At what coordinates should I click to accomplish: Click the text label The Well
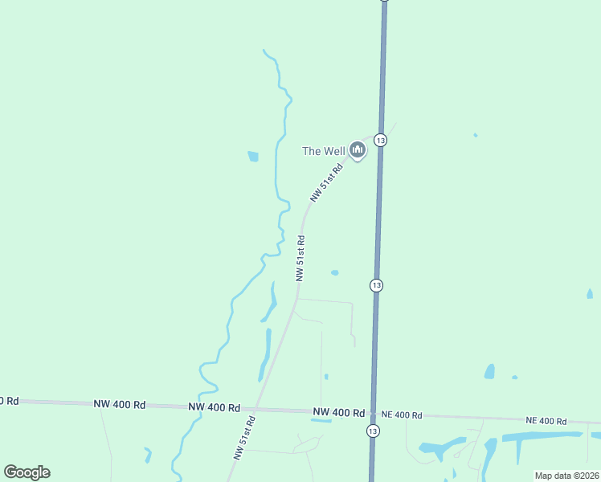323,151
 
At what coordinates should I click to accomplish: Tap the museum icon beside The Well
358,150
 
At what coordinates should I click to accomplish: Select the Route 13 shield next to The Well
381,140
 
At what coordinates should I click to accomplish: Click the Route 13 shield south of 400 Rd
372,431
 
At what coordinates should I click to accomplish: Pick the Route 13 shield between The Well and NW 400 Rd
376,285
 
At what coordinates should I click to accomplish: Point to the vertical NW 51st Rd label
300,257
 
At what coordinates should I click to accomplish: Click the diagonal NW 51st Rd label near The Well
327,182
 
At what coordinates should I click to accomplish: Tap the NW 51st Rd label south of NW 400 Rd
244,437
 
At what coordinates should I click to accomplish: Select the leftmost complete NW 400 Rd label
119,405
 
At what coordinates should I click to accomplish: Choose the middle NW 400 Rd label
215,408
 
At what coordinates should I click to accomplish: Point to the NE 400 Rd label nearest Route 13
401,415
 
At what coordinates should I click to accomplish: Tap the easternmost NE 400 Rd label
546,421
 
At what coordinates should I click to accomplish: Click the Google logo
27,472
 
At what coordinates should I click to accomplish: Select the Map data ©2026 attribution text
566,476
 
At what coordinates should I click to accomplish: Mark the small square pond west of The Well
253,157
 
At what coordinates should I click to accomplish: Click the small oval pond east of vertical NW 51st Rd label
334,272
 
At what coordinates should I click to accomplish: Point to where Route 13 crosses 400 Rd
372,414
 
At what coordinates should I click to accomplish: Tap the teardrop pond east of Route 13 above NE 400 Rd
489,371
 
